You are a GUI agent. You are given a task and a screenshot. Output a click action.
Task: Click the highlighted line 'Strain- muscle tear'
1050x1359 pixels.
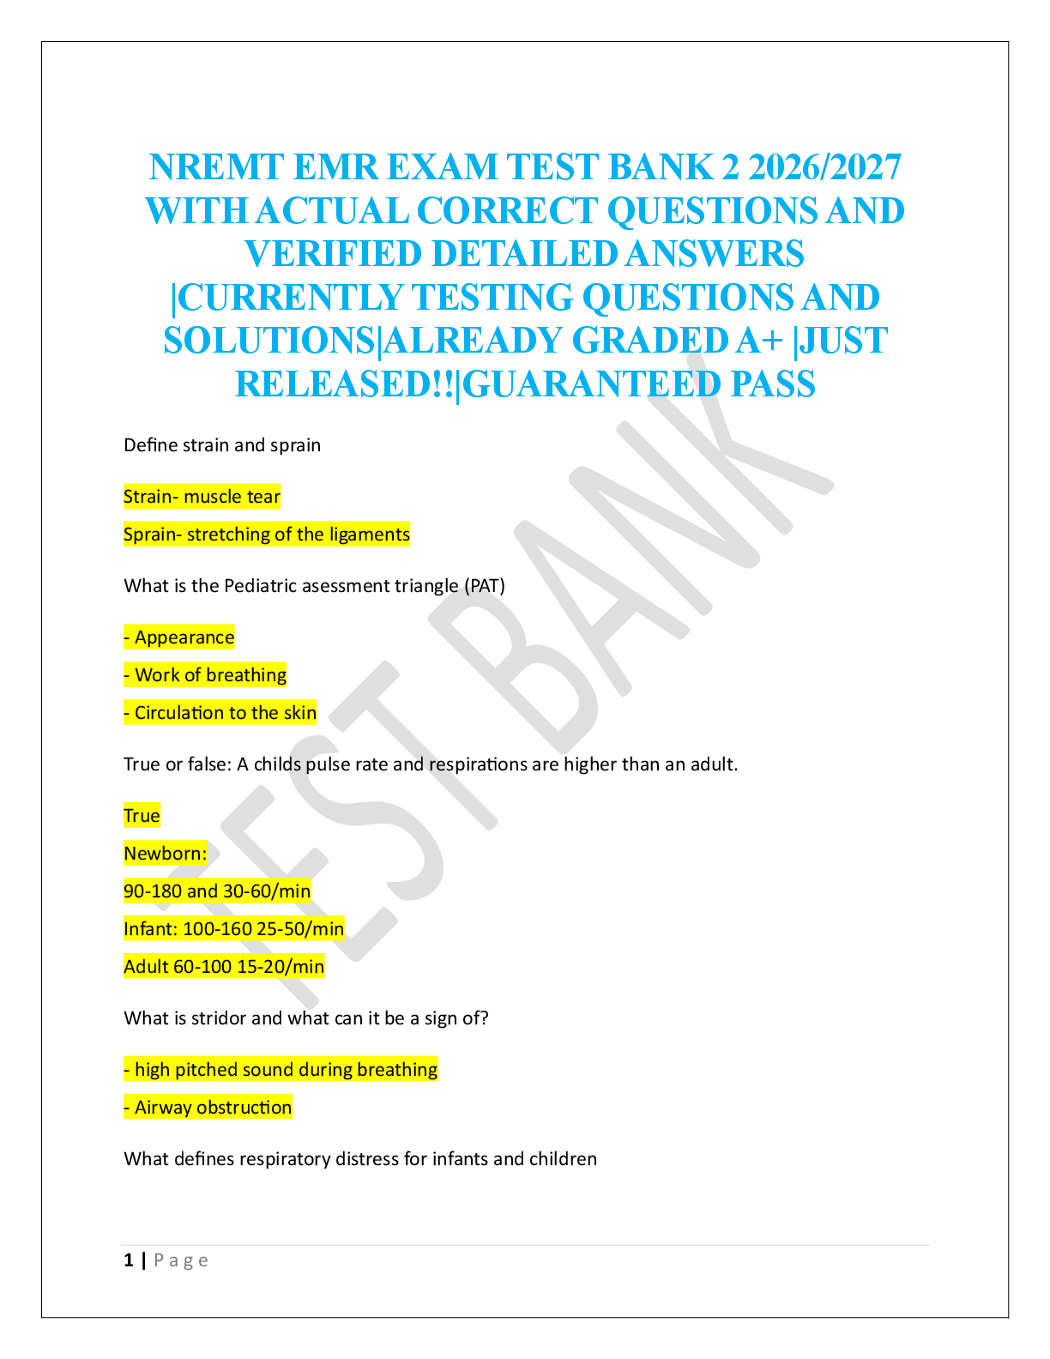202,497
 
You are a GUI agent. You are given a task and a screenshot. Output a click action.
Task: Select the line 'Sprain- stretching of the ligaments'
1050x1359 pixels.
267,535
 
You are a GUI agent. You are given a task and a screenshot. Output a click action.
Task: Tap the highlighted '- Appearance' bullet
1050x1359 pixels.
179,637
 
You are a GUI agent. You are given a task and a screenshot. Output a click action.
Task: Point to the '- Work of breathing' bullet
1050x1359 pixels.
205,675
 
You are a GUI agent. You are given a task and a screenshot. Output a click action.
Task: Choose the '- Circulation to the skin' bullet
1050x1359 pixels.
220,713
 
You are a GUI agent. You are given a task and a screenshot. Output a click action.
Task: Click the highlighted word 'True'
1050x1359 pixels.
142,816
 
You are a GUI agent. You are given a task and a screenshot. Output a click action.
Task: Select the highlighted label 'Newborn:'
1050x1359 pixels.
166,854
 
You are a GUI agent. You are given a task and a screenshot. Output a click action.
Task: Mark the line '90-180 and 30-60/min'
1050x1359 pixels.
217,891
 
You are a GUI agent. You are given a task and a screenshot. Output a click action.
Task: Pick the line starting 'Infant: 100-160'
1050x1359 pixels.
234,929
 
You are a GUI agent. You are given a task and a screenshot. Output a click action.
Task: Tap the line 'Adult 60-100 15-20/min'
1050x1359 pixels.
224,967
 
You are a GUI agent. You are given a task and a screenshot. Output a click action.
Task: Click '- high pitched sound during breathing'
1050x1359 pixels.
281,1070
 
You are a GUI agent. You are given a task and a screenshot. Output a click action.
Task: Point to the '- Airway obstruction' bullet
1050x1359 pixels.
208,1108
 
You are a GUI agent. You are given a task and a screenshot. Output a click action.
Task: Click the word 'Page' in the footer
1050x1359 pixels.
181,1260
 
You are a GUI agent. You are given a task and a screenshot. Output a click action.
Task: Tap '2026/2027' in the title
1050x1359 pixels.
824,168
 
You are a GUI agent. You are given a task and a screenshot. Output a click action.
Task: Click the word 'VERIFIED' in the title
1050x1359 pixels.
333,255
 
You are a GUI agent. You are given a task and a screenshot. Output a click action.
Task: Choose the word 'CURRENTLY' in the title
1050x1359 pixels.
290,298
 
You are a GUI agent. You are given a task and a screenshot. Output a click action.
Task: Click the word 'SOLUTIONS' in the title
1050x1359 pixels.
270,341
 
